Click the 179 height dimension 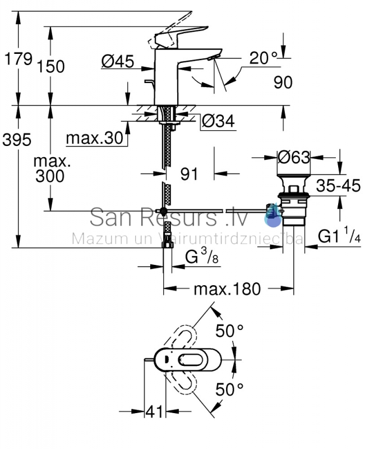(x=19, y=59)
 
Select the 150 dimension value (x=51, y=67)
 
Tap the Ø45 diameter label (x=118, y=61)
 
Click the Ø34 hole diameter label (x=218, y=121)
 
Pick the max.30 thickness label (x=94, y=138)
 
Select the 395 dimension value (x=17, y=140)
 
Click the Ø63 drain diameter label (x=294, y=157)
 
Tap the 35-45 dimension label (x=338, y=186)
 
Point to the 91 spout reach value (x=189, y=174)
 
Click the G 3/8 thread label (x=202, y=256)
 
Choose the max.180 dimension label (x=227, y=289)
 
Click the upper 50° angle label (x=229, y=331)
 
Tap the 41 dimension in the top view (x=154, y=411)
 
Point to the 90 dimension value (x=283, y=83)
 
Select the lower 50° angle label (x=229, y=390)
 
